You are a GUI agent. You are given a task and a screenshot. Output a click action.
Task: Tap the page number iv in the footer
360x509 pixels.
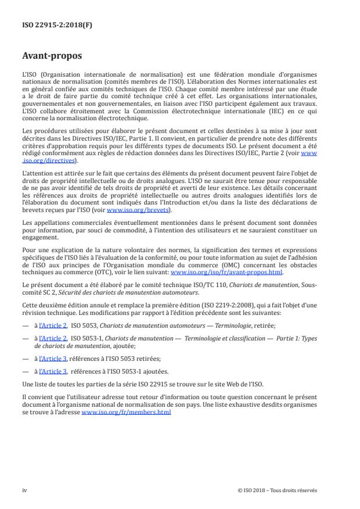(24, 490)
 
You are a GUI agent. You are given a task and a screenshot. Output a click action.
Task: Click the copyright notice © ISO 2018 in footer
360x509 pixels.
(278, 490)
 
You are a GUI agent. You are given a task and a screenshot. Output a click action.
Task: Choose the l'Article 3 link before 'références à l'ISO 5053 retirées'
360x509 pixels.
(55, 359)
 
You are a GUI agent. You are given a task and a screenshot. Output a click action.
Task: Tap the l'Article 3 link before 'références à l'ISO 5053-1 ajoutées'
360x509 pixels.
(55, 370)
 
